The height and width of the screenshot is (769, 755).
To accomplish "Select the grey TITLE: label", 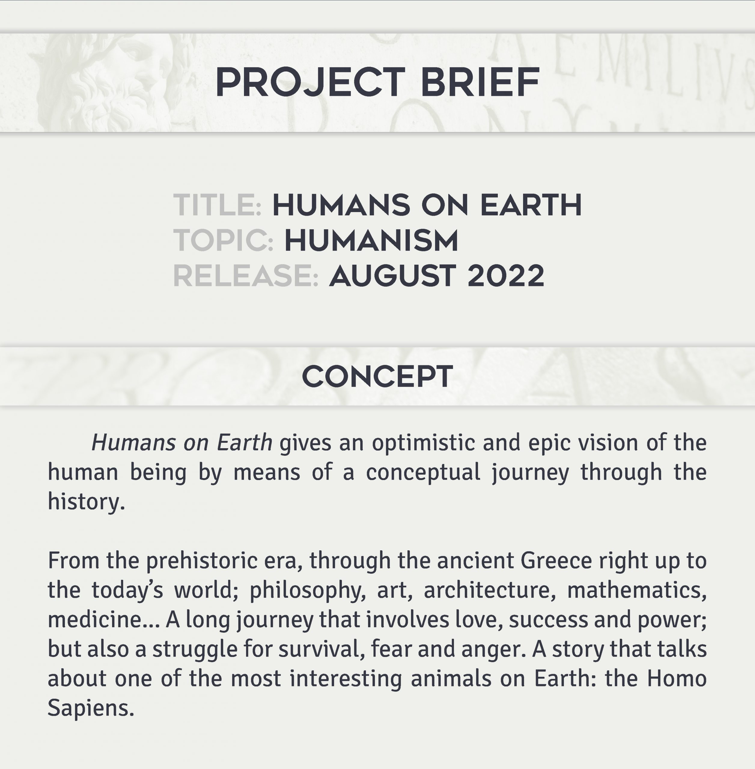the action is coord(217,205).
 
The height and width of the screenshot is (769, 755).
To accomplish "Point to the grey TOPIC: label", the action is coord(223,240).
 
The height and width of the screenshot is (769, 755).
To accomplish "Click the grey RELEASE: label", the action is coord(246,275).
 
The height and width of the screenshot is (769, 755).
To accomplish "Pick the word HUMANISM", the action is coord(371,240).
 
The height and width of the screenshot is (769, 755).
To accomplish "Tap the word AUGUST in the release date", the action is coord(392,275).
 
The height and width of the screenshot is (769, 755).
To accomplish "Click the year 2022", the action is coord(506,275).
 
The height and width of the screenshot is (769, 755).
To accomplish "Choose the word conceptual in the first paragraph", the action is coord(423,473).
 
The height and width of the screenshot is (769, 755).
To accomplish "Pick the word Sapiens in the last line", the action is coord(91,708).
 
